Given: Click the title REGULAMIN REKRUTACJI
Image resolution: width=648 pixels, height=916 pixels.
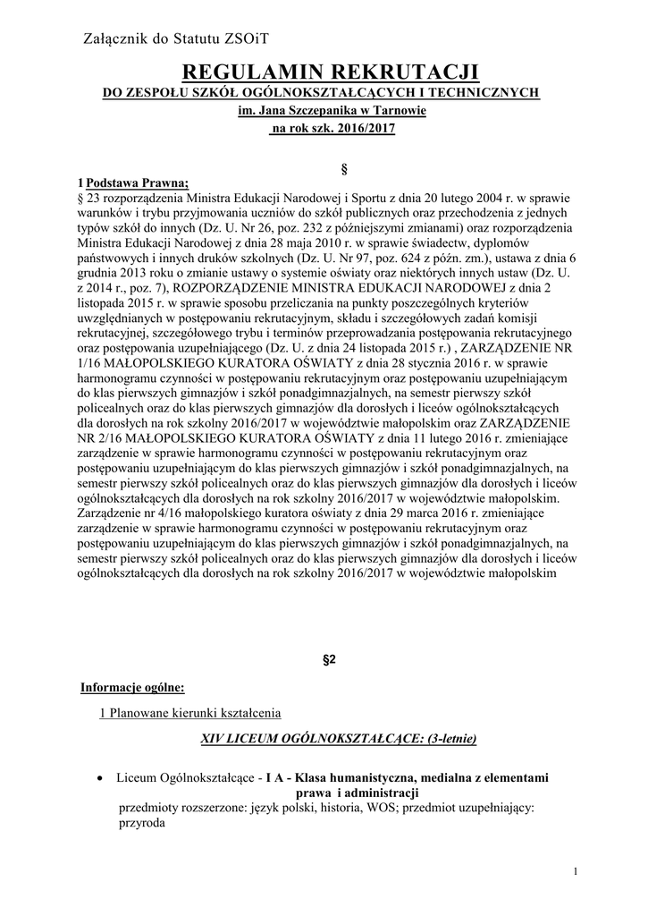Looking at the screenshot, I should [331, 72].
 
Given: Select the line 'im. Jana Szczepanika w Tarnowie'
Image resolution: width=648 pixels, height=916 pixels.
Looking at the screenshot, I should [332, 111].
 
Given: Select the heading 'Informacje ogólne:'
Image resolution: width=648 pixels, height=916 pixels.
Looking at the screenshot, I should [132, 688].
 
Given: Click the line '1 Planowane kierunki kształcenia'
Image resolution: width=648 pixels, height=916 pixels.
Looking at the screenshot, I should [189, 713].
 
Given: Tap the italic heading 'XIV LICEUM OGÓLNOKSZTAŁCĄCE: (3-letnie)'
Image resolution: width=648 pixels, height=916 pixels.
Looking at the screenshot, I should [339, 739].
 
